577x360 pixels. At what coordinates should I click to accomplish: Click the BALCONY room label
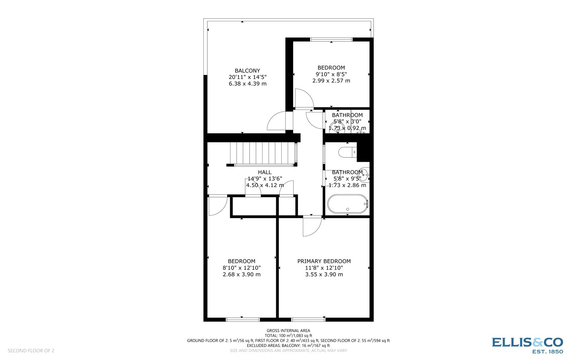click(x=247, y=71)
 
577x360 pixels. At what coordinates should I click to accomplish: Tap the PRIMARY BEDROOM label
click(x=324, y=261)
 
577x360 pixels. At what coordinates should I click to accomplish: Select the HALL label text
click(x=265, y=172)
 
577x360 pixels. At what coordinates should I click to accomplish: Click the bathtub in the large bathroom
click(x=347, y=204)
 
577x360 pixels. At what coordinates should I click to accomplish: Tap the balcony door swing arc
click(x=277, y=121)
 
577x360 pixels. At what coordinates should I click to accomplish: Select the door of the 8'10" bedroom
click(x=217, y=205)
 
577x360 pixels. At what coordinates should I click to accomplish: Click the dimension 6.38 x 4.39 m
click(x=247, y=84)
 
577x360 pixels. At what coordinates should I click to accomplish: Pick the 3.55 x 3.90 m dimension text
click(x=324, y=274)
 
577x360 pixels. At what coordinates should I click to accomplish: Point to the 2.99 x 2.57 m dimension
click(x=331, y=81)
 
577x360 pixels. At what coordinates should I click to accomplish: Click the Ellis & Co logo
click(x=527, y=345)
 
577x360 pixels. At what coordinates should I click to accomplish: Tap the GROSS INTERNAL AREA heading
click(x=288, y=330)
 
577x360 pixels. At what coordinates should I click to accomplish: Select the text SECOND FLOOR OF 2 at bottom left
click(x=31, y=351)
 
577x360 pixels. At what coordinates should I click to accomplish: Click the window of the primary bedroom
click(x=308, y=319)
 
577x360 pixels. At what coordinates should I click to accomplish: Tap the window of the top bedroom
click(x=331, y=39)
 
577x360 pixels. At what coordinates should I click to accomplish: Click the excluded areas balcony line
click(x=288, y=346)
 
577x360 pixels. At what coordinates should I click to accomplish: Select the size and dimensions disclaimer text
click(x=288, y=351)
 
